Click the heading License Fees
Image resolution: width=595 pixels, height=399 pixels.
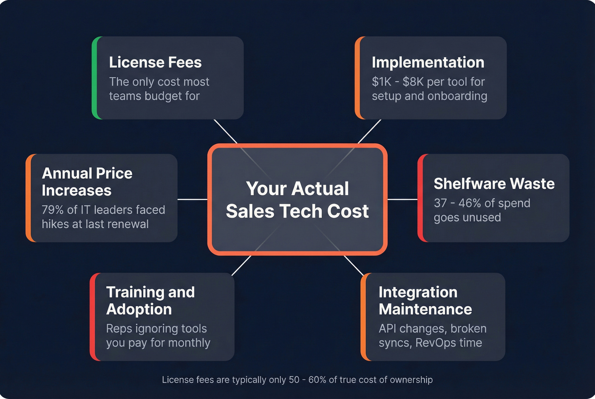[x=155, y=62]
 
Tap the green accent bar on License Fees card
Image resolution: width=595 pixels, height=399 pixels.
[x=95, y=78]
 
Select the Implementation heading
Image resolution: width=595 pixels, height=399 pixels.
[x=428, y=62]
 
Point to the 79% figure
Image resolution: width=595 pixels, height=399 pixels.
[x=53, y=210]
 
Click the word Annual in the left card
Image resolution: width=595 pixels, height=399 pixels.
[x=67, y=173]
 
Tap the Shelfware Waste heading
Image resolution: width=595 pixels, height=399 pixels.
[x=494, y=184]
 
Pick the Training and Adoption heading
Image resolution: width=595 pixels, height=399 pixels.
[x=150, y=300]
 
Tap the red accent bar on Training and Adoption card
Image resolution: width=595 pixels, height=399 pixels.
[x=93, y=317]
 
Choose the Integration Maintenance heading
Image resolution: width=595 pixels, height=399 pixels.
[x=425, y=300]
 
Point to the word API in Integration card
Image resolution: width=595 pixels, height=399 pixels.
[x=387, y=328]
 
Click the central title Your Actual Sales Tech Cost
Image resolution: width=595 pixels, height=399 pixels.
[x=297, y=200]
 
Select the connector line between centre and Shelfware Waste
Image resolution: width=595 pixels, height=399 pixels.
[x=402, y=199]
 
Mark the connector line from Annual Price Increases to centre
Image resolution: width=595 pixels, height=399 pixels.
[x=192, y=199]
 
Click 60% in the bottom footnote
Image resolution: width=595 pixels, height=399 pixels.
[x=317, y=380]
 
